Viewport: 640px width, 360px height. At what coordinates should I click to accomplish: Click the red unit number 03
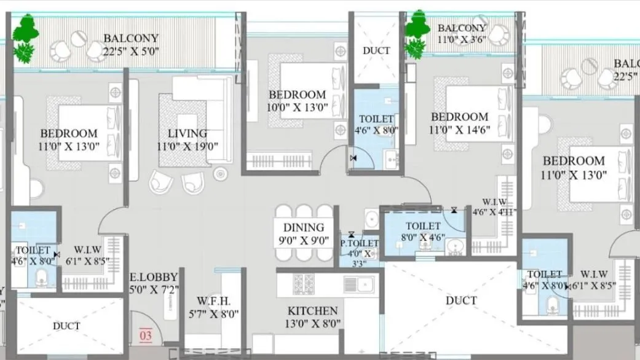146,335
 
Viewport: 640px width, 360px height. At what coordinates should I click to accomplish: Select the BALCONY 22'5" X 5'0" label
131,45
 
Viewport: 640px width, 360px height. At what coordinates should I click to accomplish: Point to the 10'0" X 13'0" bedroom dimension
298,108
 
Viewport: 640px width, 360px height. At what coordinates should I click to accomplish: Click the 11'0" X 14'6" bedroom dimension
460,130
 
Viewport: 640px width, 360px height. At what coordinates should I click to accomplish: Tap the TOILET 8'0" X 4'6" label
423,232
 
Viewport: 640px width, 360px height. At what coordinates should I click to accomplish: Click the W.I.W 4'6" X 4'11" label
494,207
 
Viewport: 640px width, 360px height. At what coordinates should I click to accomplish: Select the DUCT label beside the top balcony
376,50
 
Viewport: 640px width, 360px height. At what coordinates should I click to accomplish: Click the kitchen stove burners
304,284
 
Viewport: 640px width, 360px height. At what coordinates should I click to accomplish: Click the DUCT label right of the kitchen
461,300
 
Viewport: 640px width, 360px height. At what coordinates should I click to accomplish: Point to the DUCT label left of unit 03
66,326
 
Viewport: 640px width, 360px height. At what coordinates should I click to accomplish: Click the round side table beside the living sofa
220,174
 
